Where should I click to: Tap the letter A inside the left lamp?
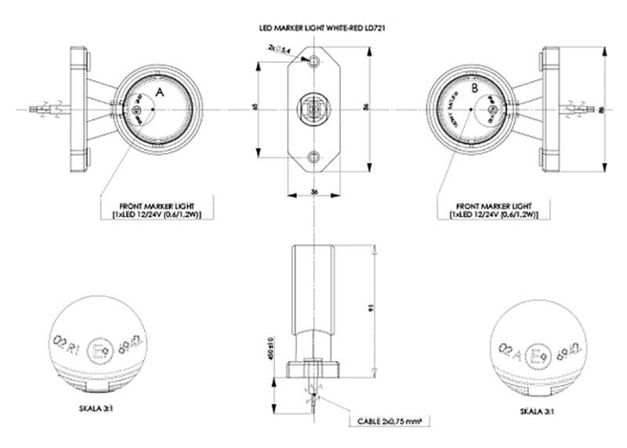pyautogui.click(x=160, y=92)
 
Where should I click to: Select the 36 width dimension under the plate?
pyautogui.click(x=313, y=190)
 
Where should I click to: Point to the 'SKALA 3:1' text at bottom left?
pyautogui.click(x=98, y=409)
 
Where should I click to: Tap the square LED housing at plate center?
pyautogui.click(x=313, y=106)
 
